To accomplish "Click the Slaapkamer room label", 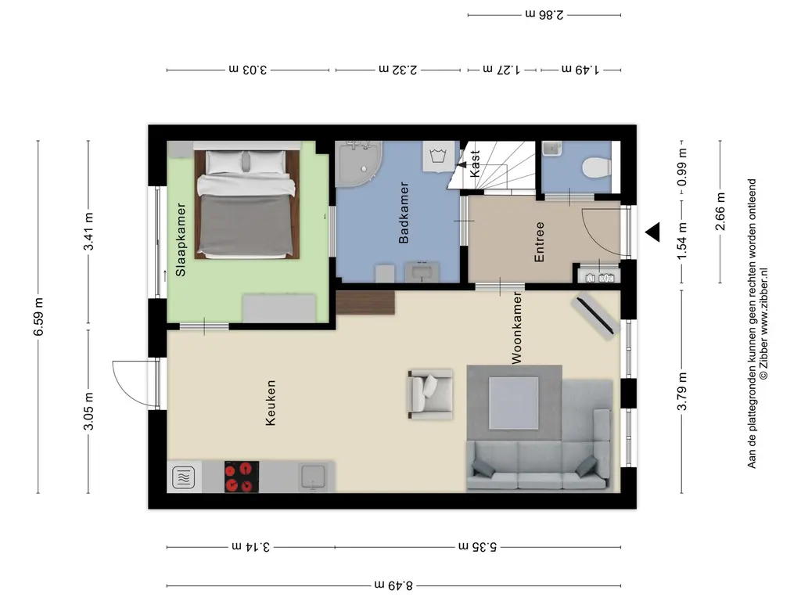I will (x=181, y=240).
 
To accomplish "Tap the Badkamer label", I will (x=404, y=213).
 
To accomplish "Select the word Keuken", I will (x=271, y=403).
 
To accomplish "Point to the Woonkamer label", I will (x=516, y=327).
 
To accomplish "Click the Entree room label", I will (x=539, y=242).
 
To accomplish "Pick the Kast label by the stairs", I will (x=475, y=164).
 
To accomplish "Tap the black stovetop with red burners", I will (x=242, y=477).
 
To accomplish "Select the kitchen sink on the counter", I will (x=313, y=476).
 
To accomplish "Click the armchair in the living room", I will (x=429, y=393).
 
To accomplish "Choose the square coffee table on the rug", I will (x=514, y=402).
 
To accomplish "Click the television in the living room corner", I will (x=596, y=315).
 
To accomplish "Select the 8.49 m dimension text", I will (x=393, y=585).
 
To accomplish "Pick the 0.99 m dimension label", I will (x=682, y=167).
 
